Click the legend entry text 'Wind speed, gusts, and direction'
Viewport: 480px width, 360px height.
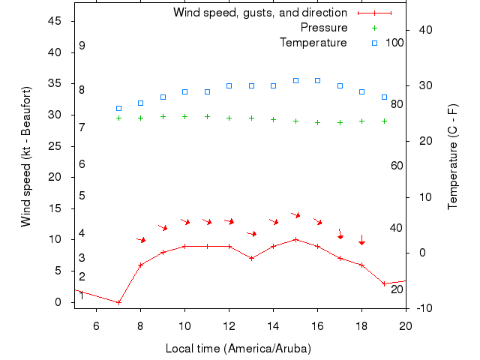(260, 13)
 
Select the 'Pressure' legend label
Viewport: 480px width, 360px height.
(324, 28)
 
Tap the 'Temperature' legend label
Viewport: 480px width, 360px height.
(313, 43)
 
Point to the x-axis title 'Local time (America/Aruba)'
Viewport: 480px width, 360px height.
(238, 349)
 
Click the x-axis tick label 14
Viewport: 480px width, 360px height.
(273, 325)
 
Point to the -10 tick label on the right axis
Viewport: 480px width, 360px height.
(420, 308)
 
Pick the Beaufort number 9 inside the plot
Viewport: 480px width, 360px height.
(82, 46)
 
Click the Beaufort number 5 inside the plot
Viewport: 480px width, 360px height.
(82, 196)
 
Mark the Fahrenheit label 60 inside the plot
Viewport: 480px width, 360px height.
(397, 165)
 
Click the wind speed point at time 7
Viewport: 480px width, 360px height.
(118, 302)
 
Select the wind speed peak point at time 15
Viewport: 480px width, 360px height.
(295, 239)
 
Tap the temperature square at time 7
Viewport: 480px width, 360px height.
(118, 108)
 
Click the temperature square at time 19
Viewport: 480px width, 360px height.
(384, 97)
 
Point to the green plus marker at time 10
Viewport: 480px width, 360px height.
(184, 116)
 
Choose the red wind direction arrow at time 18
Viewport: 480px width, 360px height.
(361, 240)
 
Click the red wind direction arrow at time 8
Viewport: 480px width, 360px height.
(141, 240)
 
